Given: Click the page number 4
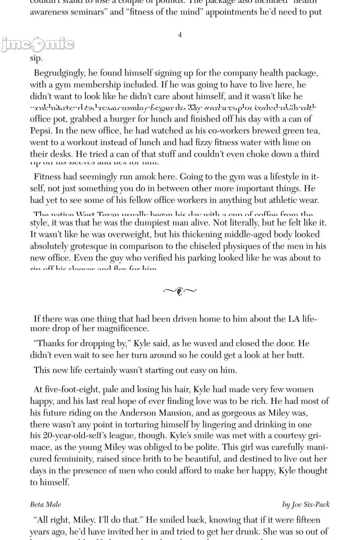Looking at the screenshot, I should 180,35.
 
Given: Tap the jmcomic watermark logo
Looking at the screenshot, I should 37,45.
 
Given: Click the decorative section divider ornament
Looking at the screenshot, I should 180,291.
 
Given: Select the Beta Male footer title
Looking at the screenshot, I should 45,504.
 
